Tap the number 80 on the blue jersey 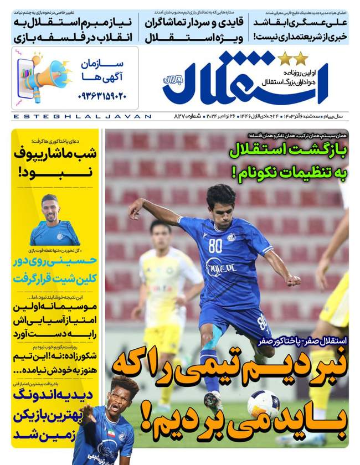[215, 245]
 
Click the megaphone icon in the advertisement [43, 75]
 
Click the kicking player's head [220, 198]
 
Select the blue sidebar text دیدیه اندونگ [55, 395]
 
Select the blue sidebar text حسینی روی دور [57, 259]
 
